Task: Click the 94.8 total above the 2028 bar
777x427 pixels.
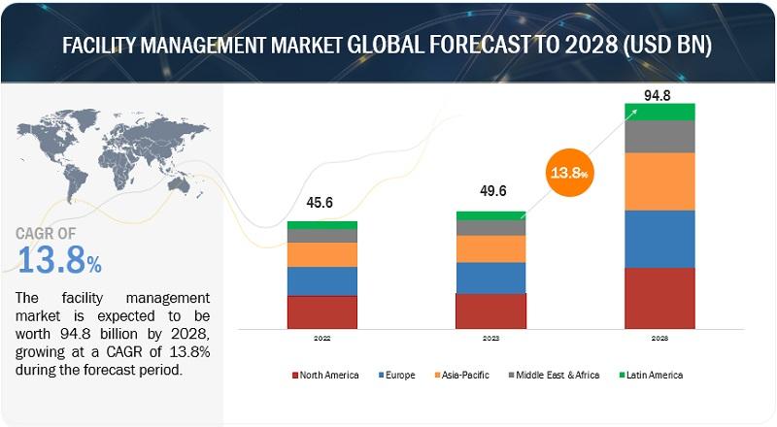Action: [658, 96]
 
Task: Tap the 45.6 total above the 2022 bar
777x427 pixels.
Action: [320, 203]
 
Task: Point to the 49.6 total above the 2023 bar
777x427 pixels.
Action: [493, 191]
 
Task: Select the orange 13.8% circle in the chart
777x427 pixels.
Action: [570, 173]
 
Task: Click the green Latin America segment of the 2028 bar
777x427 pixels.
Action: [659, 112]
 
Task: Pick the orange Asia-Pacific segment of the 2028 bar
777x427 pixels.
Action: [659, 181]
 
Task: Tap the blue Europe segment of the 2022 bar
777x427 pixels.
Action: [322, 281]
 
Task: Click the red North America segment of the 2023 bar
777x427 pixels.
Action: [490, 312]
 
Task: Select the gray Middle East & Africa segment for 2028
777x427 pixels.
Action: [659, 137]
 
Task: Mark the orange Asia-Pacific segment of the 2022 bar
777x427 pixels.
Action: [322, 254]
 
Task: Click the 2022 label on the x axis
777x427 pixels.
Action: [322, 339]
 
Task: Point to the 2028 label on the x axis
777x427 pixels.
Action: [659, 339]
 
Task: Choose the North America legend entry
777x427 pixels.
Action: [325, 375]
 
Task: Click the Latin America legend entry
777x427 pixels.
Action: [651, 375]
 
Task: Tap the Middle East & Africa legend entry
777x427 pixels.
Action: [554, 375]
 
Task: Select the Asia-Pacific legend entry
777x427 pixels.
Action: [462, 375]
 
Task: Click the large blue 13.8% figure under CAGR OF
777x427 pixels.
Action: [59, 260]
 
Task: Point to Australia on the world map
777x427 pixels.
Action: [179, 184]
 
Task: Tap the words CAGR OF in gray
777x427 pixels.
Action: [46, 233]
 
